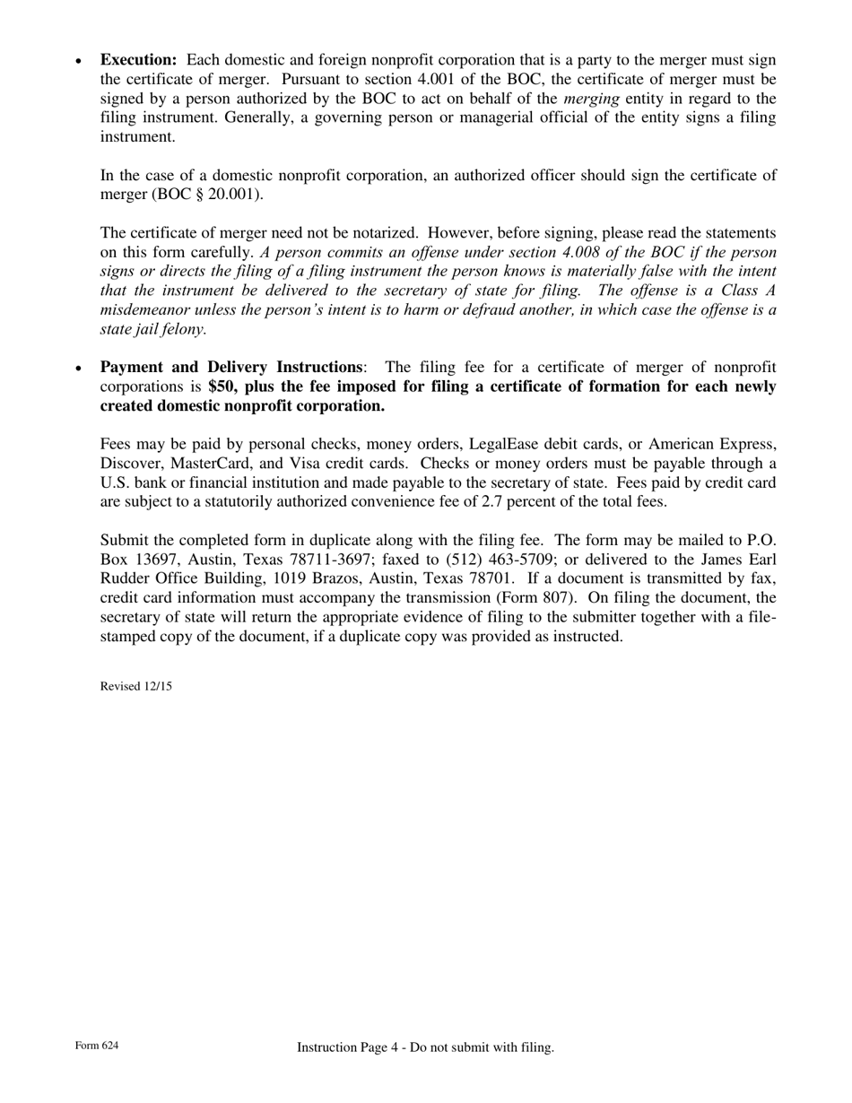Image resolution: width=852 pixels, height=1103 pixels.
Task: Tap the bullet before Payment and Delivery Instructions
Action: [79, 369]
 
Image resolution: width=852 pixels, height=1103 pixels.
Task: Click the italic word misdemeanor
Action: [143, 309]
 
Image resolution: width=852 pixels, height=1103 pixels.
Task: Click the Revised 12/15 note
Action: [136, 687]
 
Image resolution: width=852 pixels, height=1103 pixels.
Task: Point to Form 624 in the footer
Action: [97, 1046]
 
